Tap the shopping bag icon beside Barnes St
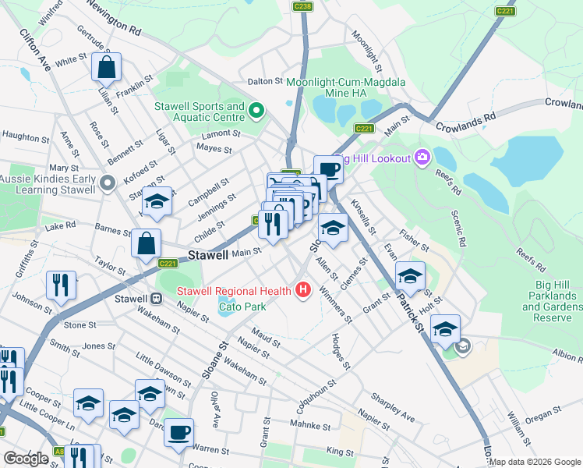(x=146, y=243)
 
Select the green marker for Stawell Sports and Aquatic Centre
(x=256, y=112)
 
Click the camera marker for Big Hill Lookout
(x=422, y=158)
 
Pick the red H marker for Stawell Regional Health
(x=302, y=292)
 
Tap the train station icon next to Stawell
(x=156, y=299)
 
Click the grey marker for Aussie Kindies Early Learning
(x=108, y=183)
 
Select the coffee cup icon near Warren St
(x=178, y=431)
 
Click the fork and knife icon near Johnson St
(x=60, y=285)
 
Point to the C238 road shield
(x=302, y=6)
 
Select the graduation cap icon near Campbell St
(x=156, y=203)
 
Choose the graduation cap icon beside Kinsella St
(x=333, y=228)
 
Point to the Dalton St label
(x=264, y=81)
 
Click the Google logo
(x=26, y=459)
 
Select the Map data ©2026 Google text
(x=535, y=462)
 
